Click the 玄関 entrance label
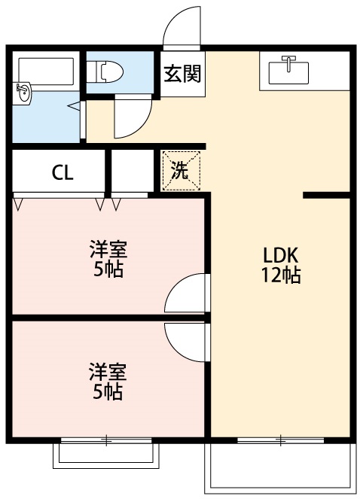(182, 75)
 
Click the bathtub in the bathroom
(44, 71)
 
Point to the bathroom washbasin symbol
(23, 93)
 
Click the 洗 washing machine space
(182, 171)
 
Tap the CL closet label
(62, 172)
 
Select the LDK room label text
(281, 253)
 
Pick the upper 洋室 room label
(108, 249)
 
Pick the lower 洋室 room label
(108, 372)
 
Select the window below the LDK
(280, 439)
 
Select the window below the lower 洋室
(106, 439)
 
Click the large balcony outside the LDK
(280, 468)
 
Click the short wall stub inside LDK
(327, 195)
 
